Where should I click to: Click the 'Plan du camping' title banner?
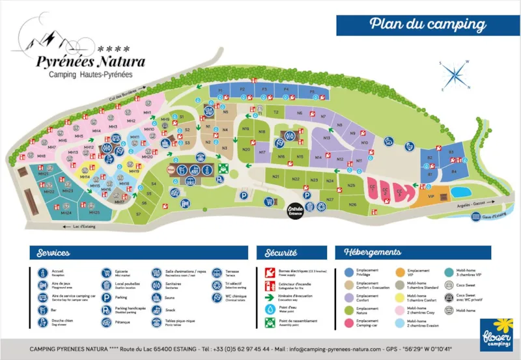pos(428,25)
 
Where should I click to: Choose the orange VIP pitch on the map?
pos(431,196)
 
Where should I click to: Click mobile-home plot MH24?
pos(65,213)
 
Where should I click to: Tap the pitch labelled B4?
pos(454,171)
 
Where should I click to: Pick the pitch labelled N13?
pos(326,138)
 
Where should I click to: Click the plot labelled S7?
pos(138,214)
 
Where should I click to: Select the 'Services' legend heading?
pos(53,253)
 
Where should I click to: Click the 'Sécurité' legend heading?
pos(281,253)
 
